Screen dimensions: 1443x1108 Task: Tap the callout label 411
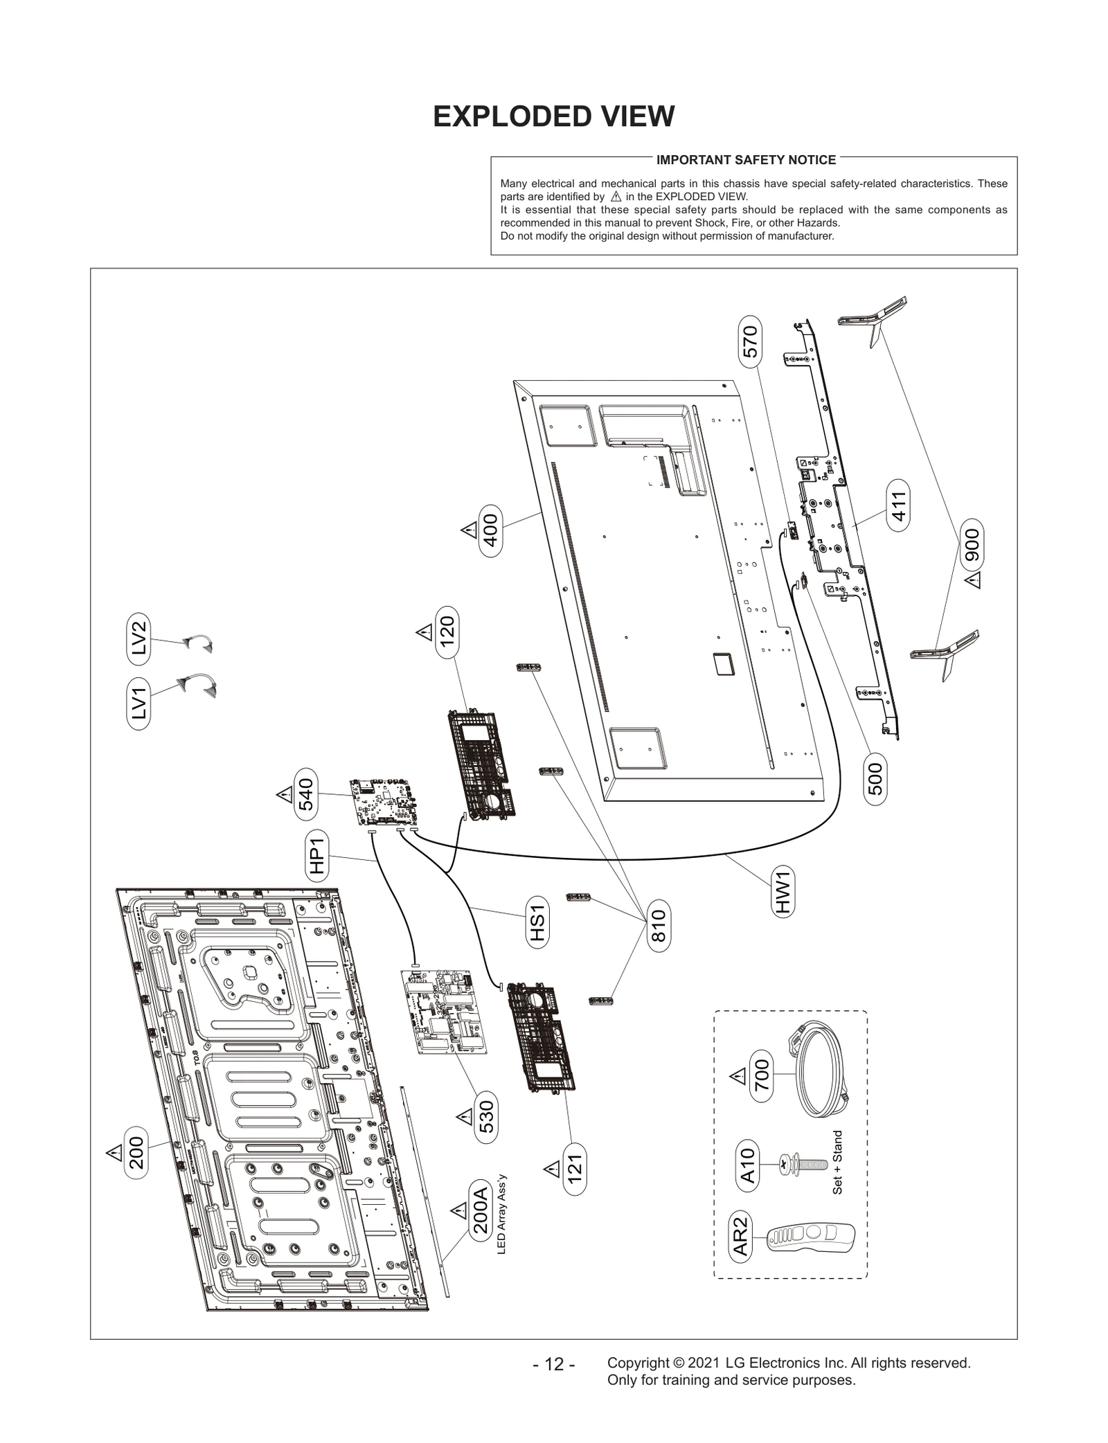[897, 509]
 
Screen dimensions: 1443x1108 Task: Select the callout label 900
[972, 544]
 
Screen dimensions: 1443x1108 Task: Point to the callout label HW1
[783, 893]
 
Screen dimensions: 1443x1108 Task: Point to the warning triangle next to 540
[285, 795]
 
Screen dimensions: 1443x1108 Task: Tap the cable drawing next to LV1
[197, 685]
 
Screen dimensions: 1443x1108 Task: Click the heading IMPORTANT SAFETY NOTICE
[746, 160]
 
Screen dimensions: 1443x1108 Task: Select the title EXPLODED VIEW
[553, 116]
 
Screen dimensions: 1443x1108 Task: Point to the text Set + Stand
[837, 1163]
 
